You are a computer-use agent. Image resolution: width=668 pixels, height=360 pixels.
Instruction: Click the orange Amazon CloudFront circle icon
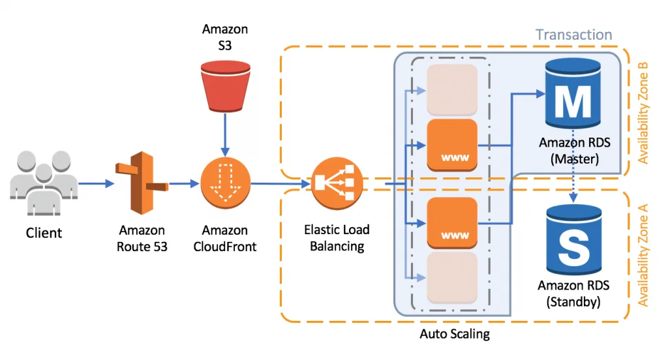pos(224,185)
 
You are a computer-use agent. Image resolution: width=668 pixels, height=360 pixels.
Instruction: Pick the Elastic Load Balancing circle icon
pos(336,185)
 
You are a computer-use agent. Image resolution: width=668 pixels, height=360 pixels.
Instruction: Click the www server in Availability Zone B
pos(452,145)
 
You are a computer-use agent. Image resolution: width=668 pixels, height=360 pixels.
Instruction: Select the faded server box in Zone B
pos(452,89)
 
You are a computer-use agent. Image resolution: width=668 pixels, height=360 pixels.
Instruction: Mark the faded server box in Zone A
pos(452,278)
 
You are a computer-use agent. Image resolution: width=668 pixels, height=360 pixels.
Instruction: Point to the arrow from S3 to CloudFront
pos(225,132)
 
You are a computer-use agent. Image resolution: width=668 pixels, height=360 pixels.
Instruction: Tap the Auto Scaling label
pos(454,335)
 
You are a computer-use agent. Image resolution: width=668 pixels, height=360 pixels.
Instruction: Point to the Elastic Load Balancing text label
pos(337,238)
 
